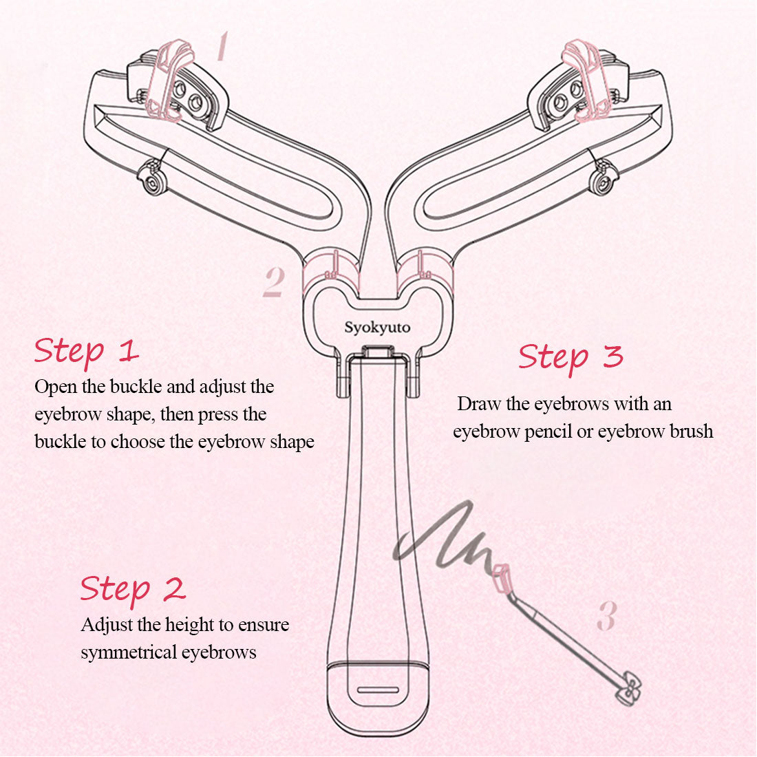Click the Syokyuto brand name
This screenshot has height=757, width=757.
[377, 328]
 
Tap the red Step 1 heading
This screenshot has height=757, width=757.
[87, 352]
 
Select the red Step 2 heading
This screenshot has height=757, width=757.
[133, 590]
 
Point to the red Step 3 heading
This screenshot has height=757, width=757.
[571, 358]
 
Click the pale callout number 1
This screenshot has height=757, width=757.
[222, 46]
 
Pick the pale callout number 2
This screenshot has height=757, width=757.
[274, 282]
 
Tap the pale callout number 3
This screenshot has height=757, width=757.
[607, 615]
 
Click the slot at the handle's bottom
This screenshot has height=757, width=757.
[378, 690]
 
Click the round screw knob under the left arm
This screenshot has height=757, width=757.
[153, 180]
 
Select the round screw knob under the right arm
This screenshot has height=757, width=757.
[604, 180]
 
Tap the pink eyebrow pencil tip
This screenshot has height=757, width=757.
[500, 577]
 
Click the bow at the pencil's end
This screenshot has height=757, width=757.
[629, 688]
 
